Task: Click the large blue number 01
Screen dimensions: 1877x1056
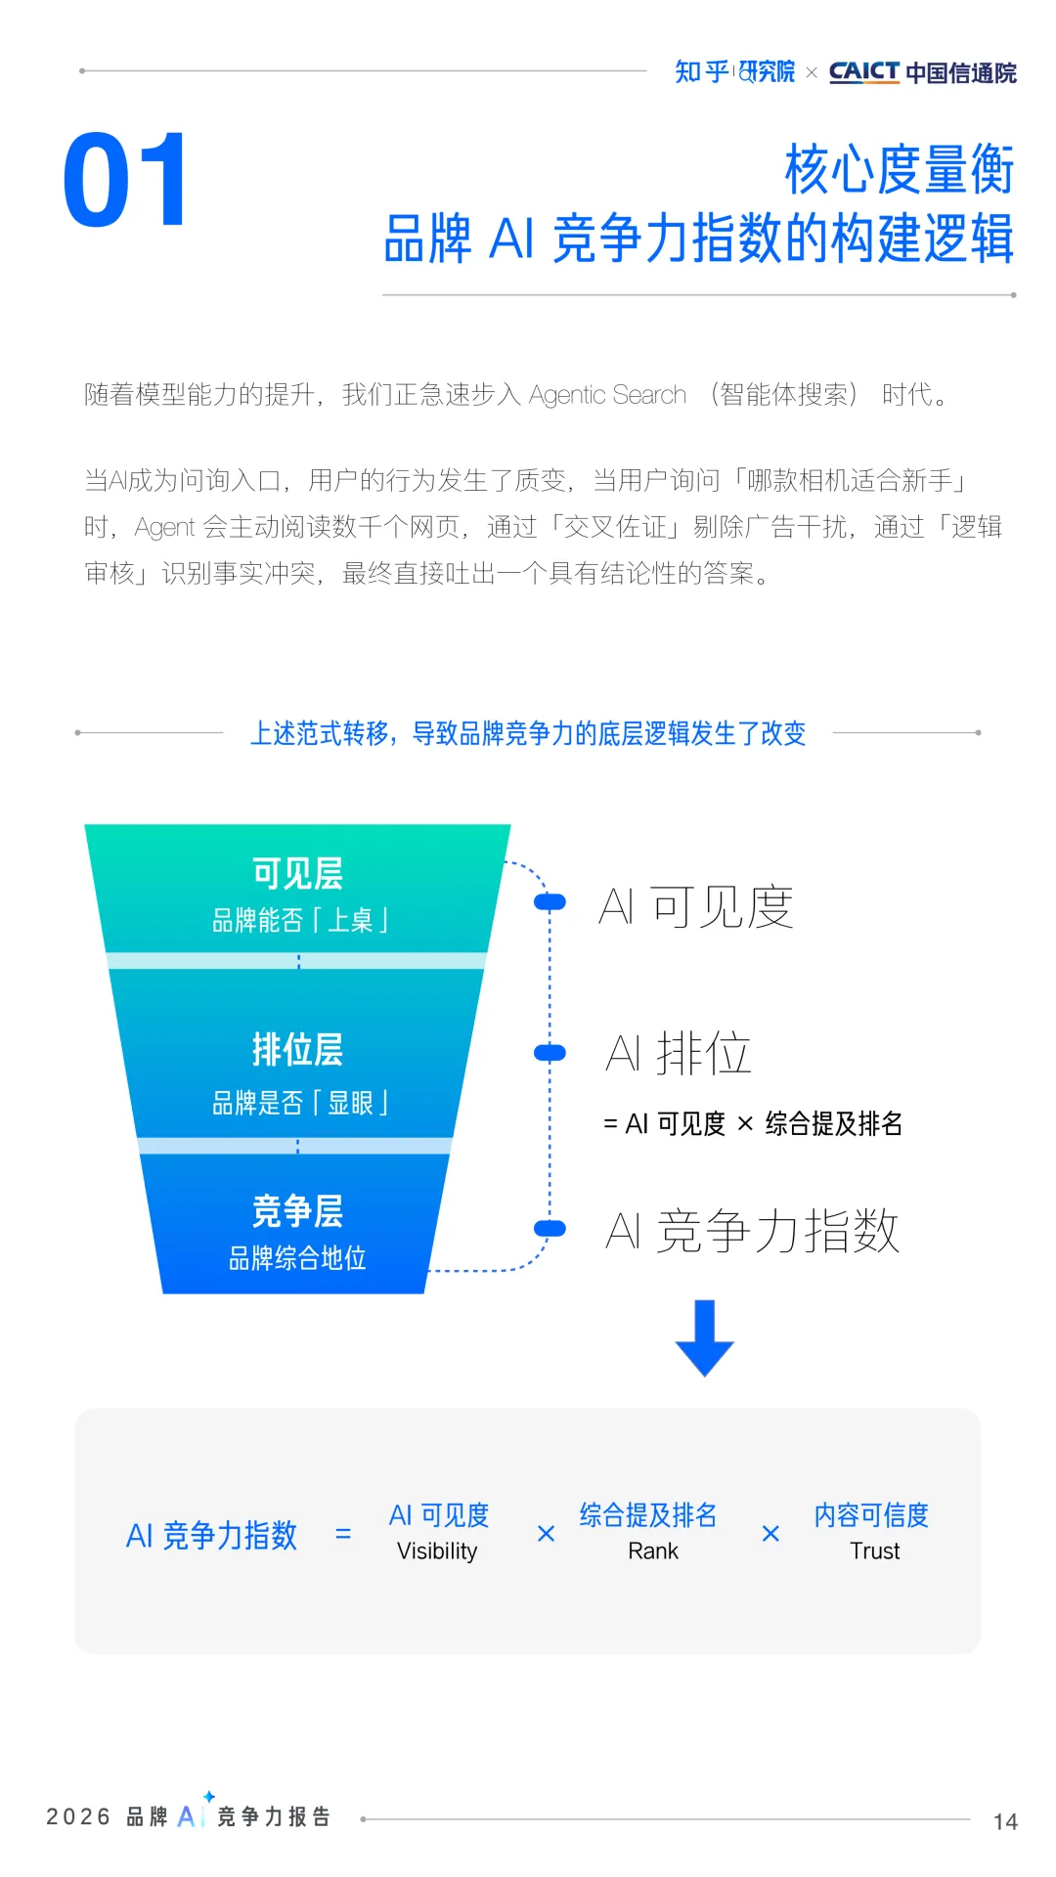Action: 125,181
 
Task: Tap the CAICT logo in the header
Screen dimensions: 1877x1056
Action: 863,72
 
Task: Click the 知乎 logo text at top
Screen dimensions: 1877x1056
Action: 701,71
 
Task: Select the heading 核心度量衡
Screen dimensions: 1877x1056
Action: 899,170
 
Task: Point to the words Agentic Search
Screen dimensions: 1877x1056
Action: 607,395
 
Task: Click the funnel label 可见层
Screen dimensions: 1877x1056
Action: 297,873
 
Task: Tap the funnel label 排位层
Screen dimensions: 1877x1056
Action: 297,1049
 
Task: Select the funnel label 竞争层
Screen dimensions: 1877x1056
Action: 297,1210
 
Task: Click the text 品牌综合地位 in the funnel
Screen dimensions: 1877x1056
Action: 297,1258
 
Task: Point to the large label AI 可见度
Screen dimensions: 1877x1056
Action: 695,906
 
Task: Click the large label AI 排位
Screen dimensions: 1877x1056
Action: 678,1053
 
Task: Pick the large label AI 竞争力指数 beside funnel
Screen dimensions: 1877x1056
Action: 751,1230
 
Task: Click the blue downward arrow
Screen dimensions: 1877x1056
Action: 704,1337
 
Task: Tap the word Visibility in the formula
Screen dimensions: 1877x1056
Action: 437,1551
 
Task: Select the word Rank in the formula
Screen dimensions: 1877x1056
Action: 653,1551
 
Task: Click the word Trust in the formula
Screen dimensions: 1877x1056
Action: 874,1551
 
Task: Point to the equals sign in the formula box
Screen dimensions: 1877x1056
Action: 343,1534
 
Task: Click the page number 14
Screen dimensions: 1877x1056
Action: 1005,1821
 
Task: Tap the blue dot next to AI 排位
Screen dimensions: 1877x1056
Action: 550,1053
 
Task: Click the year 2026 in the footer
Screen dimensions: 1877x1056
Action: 78,1816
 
